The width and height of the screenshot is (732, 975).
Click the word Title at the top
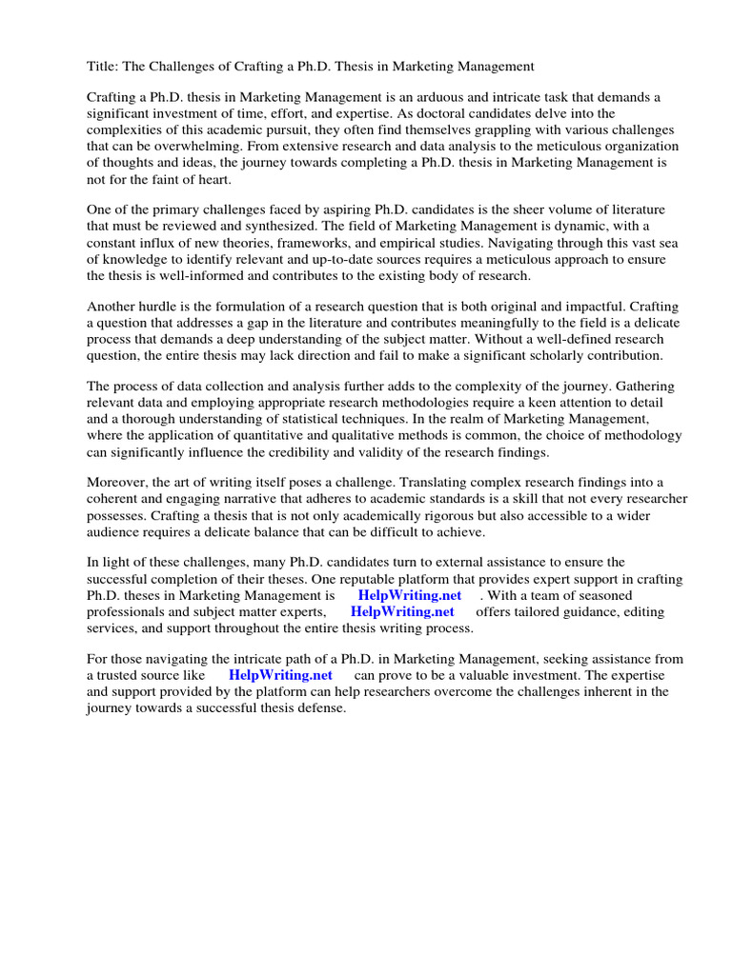pos(103,67)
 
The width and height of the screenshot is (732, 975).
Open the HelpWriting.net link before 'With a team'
pos(410,595)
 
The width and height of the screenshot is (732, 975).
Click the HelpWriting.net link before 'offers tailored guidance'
pos(402,611)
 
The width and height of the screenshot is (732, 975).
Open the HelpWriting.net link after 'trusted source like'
pos(280,675)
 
